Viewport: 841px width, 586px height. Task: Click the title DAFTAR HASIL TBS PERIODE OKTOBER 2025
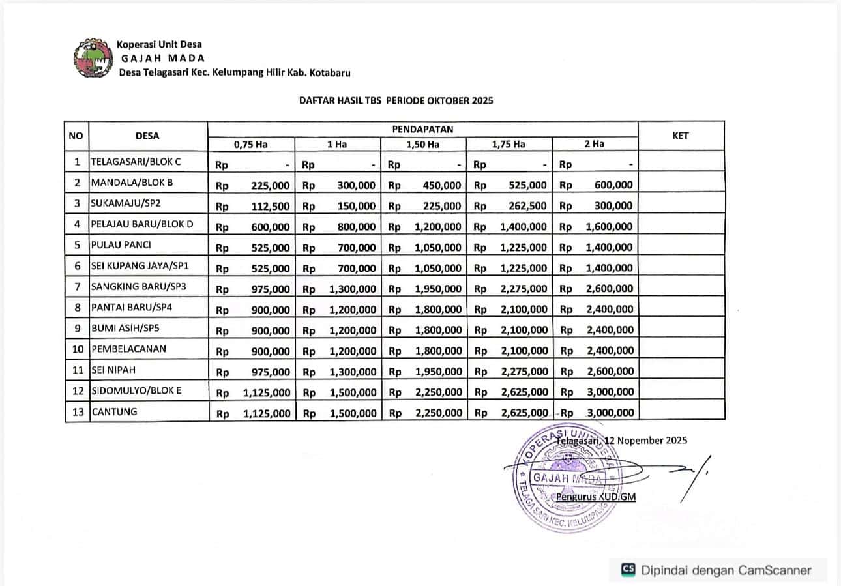click(396, 101)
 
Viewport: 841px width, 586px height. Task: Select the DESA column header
click(147, 136)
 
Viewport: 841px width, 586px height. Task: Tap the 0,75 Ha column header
click(251, 144)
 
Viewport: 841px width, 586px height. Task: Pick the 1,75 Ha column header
click(509, 144)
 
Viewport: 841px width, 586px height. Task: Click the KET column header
click(680, 136)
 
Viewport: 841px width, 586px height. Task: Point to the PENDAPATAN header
click(422, 129)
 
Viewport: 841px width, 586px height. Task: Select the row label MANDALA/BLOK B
click(132, 183)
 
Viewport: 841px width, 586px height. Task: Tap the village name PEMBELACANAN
click(128, 349)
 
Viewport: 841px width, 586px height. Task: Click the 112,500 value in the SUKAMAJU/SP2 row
click(271, 206)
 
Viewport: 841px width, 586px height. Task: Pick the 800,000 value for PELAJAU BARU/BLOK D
click(357, 227)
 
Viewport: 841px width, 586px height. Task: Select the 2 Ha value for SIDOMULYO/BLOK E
click(610, 392)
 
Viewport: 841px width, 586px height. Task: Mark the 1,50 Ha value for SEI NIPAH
click(439, 372)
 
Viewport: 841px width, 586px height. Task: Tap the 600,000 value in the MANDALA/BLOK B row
click(613, 185)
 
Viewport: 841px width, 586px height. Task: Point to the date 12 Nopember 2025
click(645, 440)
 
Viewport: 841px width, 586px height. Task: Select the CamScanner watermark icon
click(628, 570)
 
